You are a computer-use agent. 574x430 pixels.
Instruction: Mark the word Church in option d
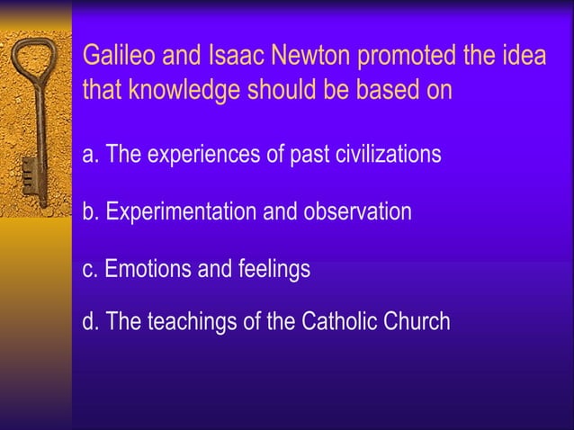click(x=418, y=321)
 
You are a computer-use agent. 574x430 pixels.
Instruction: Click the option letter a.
click(x=90, y=155)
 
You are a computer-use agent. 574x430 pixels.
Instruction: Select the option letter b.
click(x=90, y=212)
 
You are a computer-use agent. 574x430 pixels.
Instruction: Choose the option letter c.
click(x=90, y=268)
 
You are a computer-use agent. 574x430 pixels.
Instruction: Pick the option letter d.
click(x=90, y=321)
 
